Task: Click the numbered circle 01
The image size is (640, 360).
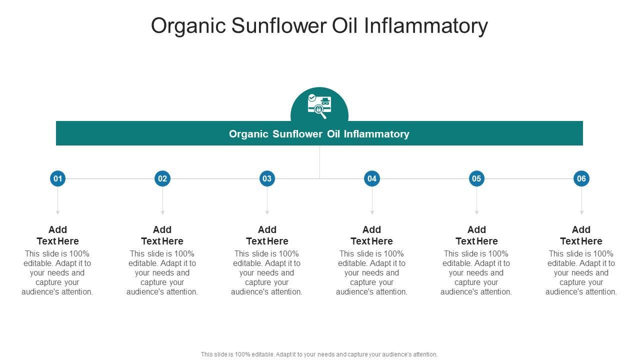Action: [x=58, y=178]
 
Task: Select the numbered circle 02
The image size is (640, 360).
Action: [x=162, y=178]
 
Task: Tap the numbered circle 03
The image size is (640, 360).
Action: [x=267, y=178]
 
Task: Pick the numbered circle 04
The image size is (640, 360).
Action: [x=372, y=178]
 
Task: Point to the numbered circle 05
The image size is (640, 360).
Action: [x=476, y=178]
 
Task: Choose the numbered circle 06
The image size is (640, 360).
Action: [x=581, y=178]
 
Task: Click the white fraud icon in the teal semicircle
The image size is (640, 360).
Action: [x=319, y=106]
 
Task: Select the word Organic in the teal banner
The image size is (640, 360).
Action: [x=248, y=134]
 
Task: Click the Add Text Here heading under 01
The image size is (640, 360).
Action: [x=58, y=235]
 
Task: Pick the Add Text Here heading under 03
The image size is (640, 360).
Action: [x=267, y=235]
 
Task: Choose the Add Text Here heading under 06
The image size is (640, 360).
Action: [x=581, y=235]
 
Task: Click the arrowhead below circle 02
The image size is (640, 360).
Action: [x=162, y=212]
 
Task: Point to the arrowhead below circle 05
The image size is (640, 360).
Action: [x=476, y=212]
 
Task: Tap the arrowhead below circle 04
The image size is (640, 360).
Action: [x=372, y=212]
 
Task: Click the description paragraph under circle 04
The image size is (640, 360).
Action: [x=372, y=272]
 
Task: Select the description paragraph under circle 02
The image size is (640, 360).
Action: [x=162, y=272]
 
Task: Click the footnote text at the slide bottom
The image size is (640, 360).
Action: [x=319, y=354]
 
